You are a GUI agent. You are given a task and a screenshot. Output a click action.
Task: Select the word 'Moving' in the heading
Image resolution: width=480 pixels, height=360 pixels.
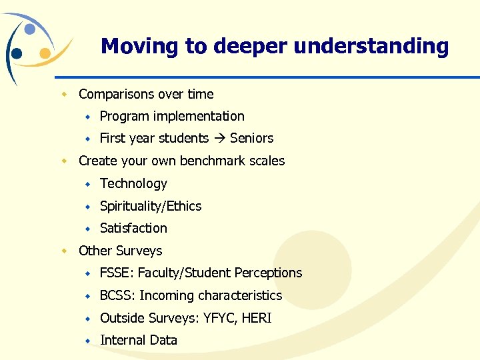[x=140, y=46]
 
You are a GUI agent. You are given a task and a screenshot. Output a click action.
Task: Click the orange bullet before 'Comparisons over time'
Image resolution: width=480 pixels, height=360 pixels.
[x=65, y=95]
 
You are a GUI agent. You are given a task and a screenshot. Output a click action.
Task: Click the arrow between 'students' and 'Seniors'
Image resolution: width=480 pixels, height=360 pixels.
[x=219, y=139]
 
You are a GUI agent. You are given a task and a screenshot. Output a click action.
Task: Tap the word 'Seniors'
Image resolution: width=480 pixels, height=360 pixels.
[x=251, y=139]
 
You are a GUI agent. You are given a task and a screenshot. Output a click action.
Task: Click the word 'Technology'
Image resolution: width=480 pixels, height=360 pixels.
[x=133, y=183]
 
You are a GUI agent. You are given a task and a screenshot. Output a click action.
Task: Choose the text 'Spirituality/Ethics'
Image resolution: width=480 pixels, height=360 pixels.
[x=151, y=206]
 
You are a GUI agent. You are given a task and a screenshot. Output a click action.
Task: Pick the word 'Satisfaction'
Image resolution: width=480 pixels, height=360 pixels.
[x=133, y=228]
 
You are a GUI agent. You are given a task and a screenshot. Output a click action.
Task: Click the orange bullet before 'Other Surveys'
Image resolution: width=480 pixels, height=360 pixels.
[x=65, y=251]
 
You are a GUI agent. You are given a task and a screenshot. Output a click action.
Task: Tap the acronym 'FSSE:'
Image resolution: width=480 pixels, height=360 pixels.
[x=117, y=273]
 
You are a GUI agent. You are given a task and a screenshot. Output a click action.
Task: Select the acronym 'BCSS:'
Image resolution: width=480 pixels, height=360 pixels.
[x=117, y=295]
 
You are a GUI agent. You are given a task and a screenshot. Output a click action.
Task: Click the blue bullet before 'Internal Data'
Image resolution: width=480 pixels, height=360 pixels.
[x=87, y=341]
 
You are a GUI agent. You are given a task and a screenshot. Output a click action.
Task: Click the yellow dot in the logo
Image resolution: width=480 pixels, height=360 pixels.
[x=45, y=53]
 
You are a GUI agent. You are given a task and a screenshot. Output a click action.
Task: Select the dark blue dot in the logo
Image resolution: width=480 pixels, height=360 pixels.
[x=17, y=53]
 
